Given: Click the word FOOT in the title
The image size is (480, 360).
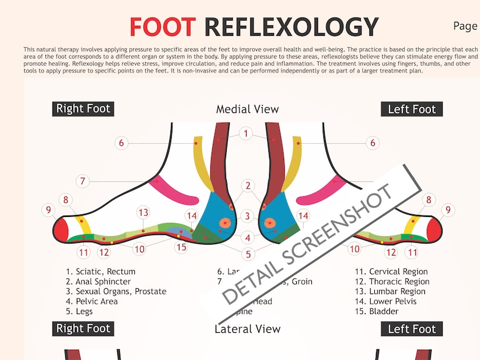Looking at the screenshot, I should [163, 27].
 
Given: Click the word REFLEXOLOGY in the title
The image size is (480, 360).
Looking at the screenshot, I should [291, 27].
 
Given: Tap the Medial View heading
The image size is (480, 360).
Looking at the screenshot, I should [247, 109].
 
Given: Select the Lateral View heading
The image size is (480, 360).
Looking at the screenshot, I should [247, 329].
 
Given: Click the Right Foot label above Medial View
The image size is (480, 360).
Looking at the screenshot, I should [83, 109].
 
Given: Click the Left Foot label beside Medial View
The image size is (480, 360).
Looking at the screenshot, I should [411, 109].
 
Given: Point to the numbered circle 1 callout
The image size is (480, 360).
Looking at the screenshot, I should [245, 133].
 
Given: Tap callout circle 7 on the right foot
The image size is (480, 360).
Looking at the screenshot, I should [83, 181].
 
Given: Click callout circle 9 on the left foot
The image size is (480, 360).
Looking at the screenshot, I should [447, 210].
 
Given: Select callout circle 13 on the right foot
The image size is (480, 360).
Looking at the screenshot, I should [143, 213].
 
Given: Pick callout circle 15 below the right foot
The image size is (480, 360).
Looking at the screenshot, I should [181, 247].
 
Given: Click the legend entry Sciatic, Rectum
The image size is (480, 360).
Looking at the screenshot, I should [101, 272].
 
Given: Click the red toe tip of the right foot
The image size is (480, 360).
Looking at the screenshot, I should [61, 230].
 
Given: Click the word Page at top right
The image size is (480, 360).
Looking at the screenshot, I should [465, 26].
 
